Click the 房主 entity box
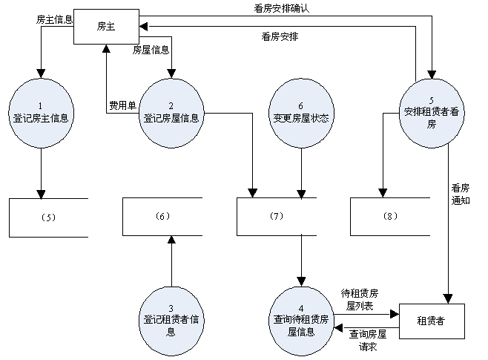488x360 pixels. pyautogui.click(x=106, y=27)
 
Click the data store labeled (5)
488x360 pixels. pyautogui.click(x=48, y=217)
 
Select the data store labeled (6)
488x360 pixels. pyautogui.click(x=162, y=217)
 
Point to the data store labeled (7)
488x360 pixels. pyautogui.click(x=277, y=217)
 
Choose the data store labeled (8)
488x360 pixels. pyautogui.click(x=391, y=217)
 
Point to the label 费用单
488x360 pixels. pyautogui.click(x=122, y=105)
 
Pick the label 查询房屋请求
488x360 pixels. pyautogui.click(x=368, y=340)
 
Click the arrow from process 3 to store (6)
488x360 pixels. pyautogui.click(x=171, y=260)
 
